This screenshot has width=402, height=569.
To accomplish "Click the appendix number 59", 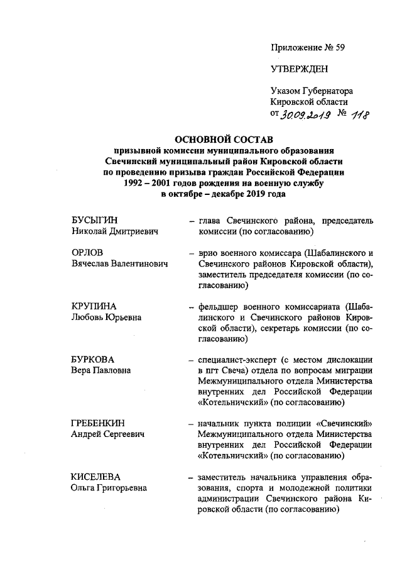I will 340,47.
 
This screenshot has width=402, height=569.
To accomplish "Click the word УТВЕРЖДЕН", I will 299,69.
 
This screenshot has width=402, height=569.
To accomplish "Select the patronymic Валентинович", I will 139,264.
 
